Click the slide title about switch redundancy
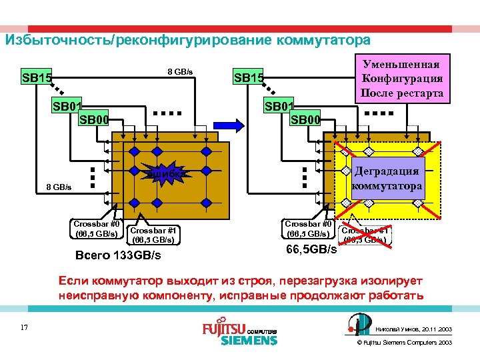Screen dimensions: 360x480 pyautogui.click(x=187, y=40)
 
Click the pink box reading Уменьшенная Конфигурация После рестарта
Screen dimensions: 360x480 pyautogui.click(x=402, y=79)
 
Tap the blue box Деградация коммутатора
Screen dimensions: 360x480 pyautogui.click(x=387, y=178)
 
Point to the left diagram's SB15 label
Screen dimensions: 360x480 pyautogui.click(x=37, y=78)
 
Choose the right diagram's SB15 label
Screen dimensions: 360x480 pyautogui.click(x=248, y=78)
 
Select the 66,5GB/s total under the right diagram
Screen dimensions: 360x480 pyautogui.click(x=311, y=249)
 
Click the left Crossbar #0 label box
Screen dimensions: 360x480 pyautogui.click(x=97, y=229)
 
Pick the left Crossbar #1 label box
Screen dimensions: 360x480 pyautogui.click(x=152, y=235)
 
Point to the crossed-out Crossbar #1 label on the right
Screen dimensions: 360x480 pyautogui.click(x=365, y=234)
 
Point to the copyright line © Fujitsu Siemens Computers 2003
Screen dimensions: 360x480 pyautogui.click(x=405, y=342)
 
